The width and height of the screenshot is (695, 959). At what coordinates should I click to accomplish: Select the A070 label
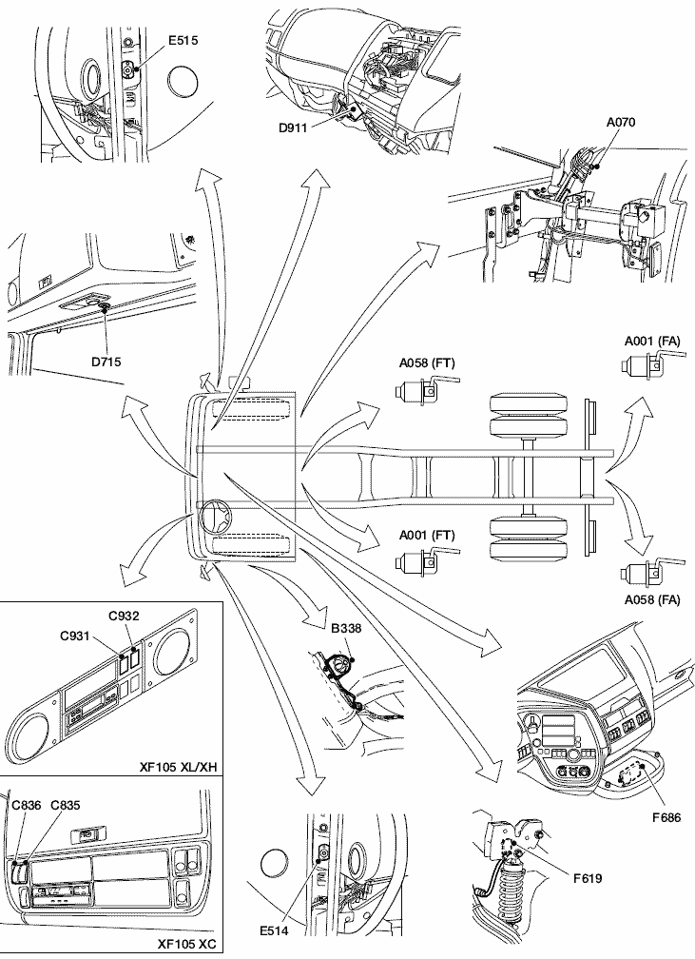coord(621,122)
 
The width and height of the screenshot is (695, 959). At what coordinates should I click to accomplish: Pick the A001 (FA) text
coord(652,340)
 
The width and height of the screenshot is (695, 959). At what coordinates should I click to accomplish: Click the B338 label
coord(346,628)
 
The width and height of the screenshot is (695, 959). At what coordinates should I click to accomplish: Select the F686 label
coord(666,816)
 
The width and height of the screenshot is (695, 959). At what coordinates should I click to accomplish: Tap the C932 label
coord(125,615)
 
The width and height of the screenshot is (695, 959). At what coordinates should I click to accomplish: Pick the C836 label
coord(27,805)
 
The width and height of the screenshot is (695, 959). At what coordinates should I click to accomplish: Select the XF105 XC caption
coord(187,945)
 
